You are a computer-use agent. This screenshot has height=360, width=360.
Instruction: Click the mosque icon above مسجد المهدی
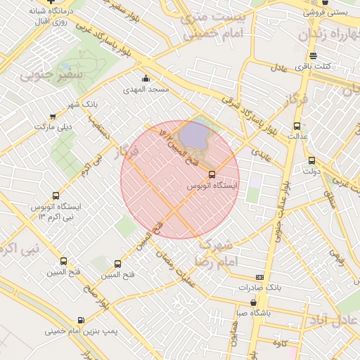point(146,79)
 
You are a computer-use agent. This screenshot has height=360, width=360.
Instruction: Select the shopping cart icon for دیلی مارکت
point(53,117)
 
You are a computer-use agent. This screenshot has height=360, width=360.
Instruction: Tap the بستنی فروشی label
point(329,12)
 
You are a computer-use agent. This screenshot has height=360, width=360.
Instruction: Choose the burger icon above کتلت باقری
point(313,56)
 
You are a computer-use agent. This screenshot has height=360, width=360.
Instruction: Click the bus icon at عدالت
point(296,126)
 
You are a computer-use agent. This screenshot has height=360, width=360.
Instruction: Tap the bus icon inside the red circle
point(212,174)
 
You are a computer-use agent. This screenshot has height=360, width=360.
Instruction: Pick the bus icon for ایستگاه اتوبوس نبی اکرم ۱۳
point(56,196)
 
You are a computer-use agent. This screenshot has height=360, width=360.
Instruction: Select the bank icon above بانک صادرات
point(259,278)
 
